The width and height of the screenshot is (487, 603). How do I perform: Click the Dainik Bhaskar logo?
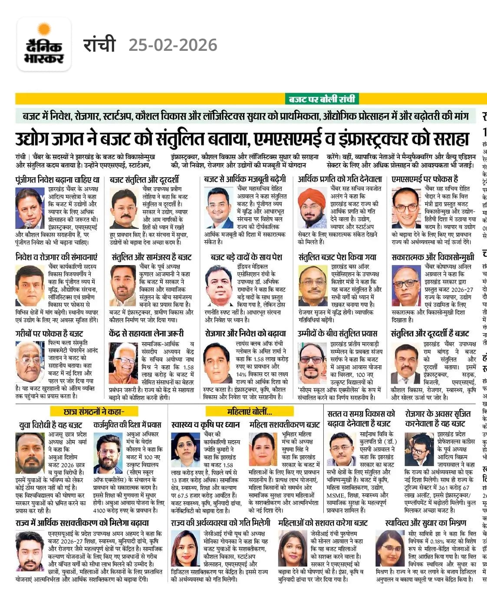44,44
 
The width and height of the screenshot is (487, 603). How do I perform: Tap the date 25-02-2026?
173,45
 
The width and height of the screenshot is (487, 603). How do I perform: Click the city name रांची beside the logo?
99,44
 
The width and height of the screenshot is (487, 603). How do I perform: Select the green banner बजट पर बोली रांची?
322,99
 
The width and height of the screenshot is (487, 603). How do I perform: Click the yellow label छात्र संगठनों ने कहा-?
94,411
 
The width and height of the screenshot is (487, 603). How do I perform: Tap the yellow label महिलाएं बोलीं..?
250,411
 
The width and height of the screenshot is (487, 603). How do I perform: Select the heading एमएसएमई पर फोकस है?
425,179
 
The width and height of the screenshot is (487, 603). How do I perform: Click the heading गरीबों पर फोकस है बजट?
49,334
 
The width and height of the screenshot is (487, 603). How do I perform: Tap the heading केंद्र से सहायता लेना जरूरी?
146,334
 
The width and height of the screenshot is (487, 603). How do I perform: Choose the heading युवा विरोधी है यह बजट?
51,424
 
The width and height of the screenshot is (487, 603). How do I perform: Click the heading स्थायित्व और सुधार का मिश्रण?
426,523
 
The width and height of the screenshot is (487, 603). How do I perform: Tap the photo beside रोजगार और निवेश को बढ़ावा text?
218,363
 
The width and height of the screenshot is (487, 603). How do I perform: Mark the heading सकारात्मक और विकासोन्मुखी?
433,257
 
